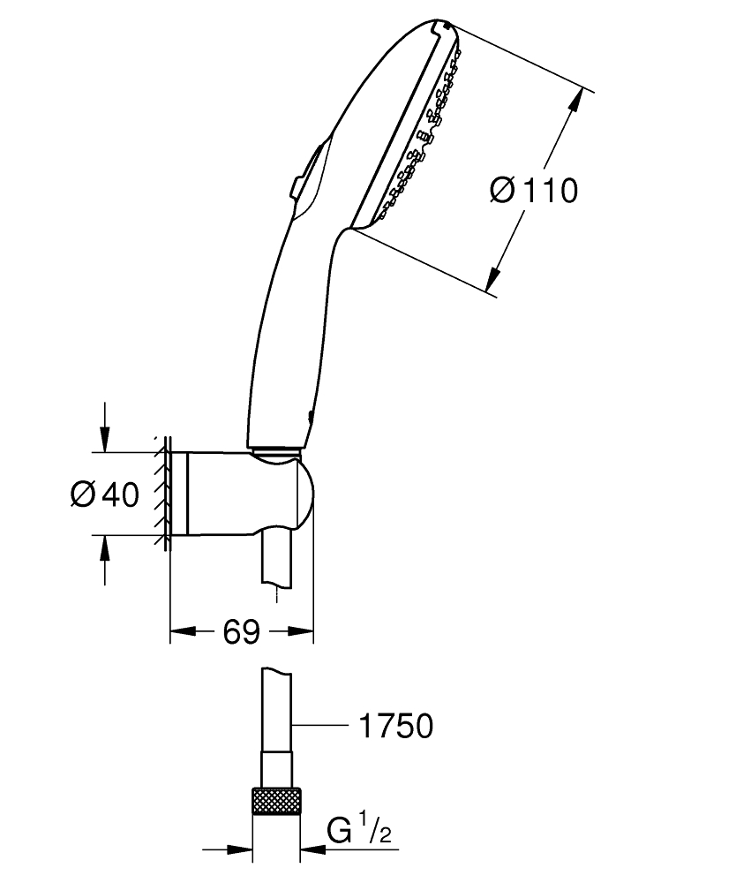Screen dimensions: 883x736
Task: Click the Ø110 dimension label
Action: coord(533,190)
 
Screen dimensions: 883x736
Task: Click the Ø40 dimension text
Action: coord(105,495)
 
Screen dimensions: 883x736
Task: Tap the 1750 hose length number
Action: coord(396,727)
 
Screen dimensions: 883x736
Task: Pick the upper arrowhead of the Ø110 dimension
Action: coord(575,100)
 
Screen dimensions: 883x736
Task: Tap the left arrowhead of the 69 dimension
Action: coord(180,632)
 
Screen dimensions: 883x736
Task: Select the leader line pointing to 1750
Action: coord(318,726)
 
